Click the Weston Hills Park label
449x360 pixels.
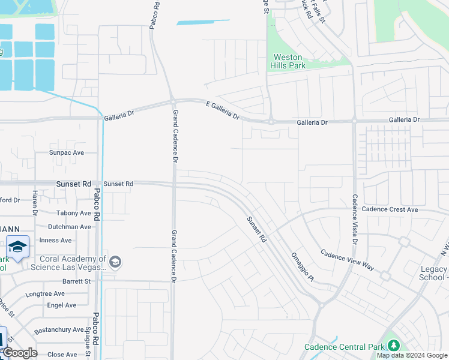point(285,61)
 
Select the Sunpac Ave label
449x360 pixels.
point(67,152)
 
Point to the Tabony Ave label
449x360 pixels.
point(73,213)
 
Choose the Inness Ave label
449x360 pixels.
point(56,240)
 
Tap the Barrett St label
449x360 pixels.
point(76,281)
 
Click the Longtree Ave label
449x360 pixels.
point(45,294)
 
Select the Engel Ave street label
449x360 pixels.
point(62,305)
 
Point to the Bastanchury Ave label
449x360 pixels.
point(59,329)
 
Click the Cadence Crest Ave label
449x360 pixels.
point(390,209)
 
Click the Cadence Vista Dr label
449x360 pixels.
point(355,220)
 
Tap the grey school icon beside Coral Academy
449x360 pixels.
point(115,262)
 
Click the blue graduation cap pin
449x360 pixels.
point(17,247)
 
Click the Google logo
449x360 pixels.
point(20,353)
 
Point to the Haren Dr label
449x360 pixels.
point(35,203)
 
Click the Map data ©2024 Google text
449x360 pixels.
point(412,355)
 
